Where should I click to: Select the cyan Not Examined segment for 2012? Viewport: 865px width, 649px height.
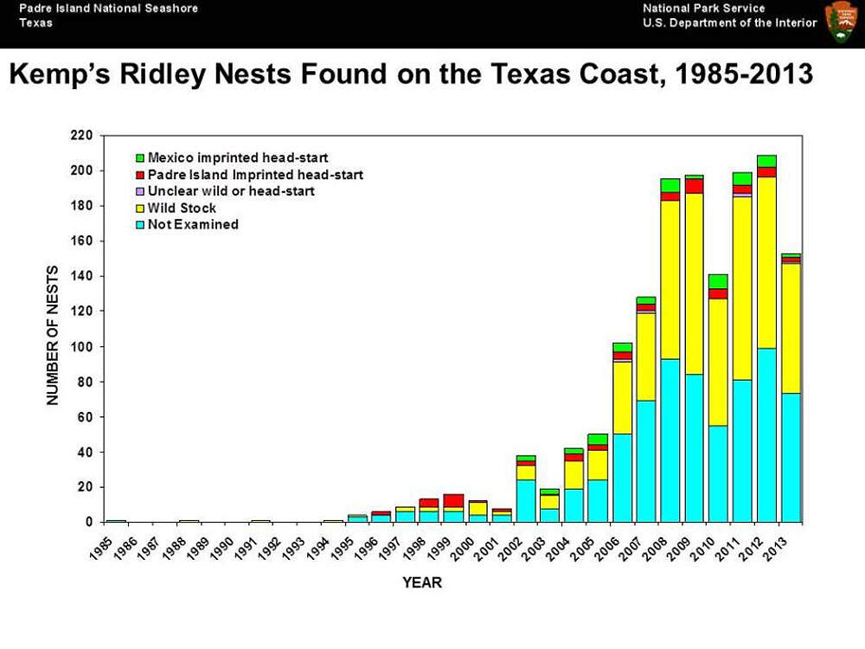(766, 435)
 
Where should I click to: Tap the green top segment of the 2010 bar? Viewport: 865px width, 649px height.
(718, 281)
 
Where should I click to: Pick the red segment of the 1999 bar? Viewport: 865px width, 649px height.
(453, 500)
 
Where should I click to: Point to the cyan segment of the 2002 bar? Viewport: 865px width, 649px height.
(526, 500)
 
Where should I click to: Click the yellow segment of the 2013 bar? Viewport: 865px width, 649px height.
(791, 328)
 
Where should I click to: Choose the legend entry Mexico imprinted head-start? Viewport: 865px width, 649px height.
(232, 157)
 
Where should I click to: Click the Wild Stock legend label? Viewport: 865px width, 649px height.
(182, 208)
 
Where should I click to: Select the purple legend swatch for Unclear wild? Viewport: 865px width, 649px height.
(140, 191)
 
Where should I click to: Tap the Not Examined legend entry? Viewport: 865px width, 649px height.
(187, 225)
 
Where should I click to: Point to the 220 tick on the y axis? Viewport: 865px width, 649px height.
(81, 135)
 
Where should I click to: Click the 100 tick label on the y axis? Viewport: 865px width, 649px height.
(81, 347)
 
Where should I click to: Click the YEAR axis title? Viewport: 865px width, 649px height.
(422, 582)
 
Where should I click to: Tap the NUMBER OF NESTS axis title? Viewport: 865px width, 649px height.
(53, 335)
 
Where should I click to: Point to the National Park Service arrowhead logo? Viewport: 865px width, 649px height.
(842, 22)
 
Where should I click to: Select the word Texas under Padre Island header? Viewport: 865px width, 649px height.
(35, 23)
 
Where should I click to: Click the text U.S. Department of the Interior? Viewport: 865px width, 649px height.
(730, 23)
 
